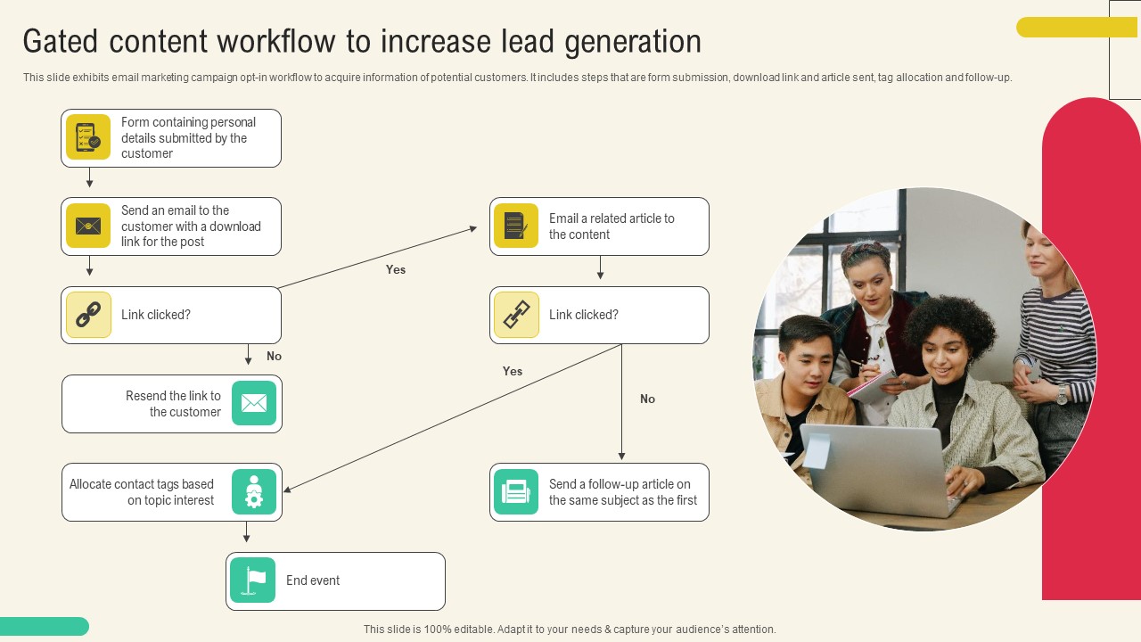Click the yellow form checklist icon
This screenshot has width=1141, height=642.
click(x=88, y=137)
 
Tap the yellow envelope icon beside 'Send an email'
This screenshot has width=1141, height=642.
click(x=88, y=226)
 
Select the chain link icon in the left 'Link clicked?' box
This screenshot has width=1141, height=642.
click(x=88, y=315)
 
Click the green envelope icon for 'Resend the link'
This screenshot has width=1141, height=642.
click(x=254, y=403)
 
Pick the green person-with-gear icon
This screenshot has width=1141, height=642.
click(x=254, y=491)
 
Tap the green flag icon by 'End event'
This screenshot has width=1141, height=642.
click(x=252, y=580)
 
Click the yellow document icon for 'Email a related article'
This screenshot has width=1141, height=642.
click(x=516, y=226)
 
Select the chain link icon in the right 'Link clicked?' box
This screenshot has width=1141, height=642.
click(x=516, y=315)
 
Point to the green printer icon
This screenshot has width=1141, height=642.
click(x=516, y=491)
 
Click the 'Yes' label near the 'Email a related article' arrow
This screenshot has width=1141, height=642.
click(x=396, y=269)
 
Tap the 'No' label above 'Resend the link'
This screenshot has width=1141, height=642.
click(x=274, y=356)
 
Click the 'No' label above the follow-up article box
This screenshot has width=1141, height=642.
click(x=647, y=399)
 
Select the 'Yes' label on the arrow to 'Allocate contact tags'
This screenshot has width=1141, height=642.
click(x=513, y=372)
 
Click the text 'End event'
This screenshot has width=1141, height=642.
click(x=313, y=580)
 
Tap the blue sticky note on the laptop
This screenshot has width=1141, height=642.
click(x=817, y=451)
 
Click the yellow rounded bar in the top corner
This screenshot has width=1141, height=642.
click(x=1077, y=27)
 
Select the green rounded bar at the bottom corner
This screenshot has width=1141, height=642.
click(x=45, y=626)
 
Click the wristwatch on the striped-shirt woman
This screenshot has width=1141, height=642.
click(x=1062, y=394)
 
